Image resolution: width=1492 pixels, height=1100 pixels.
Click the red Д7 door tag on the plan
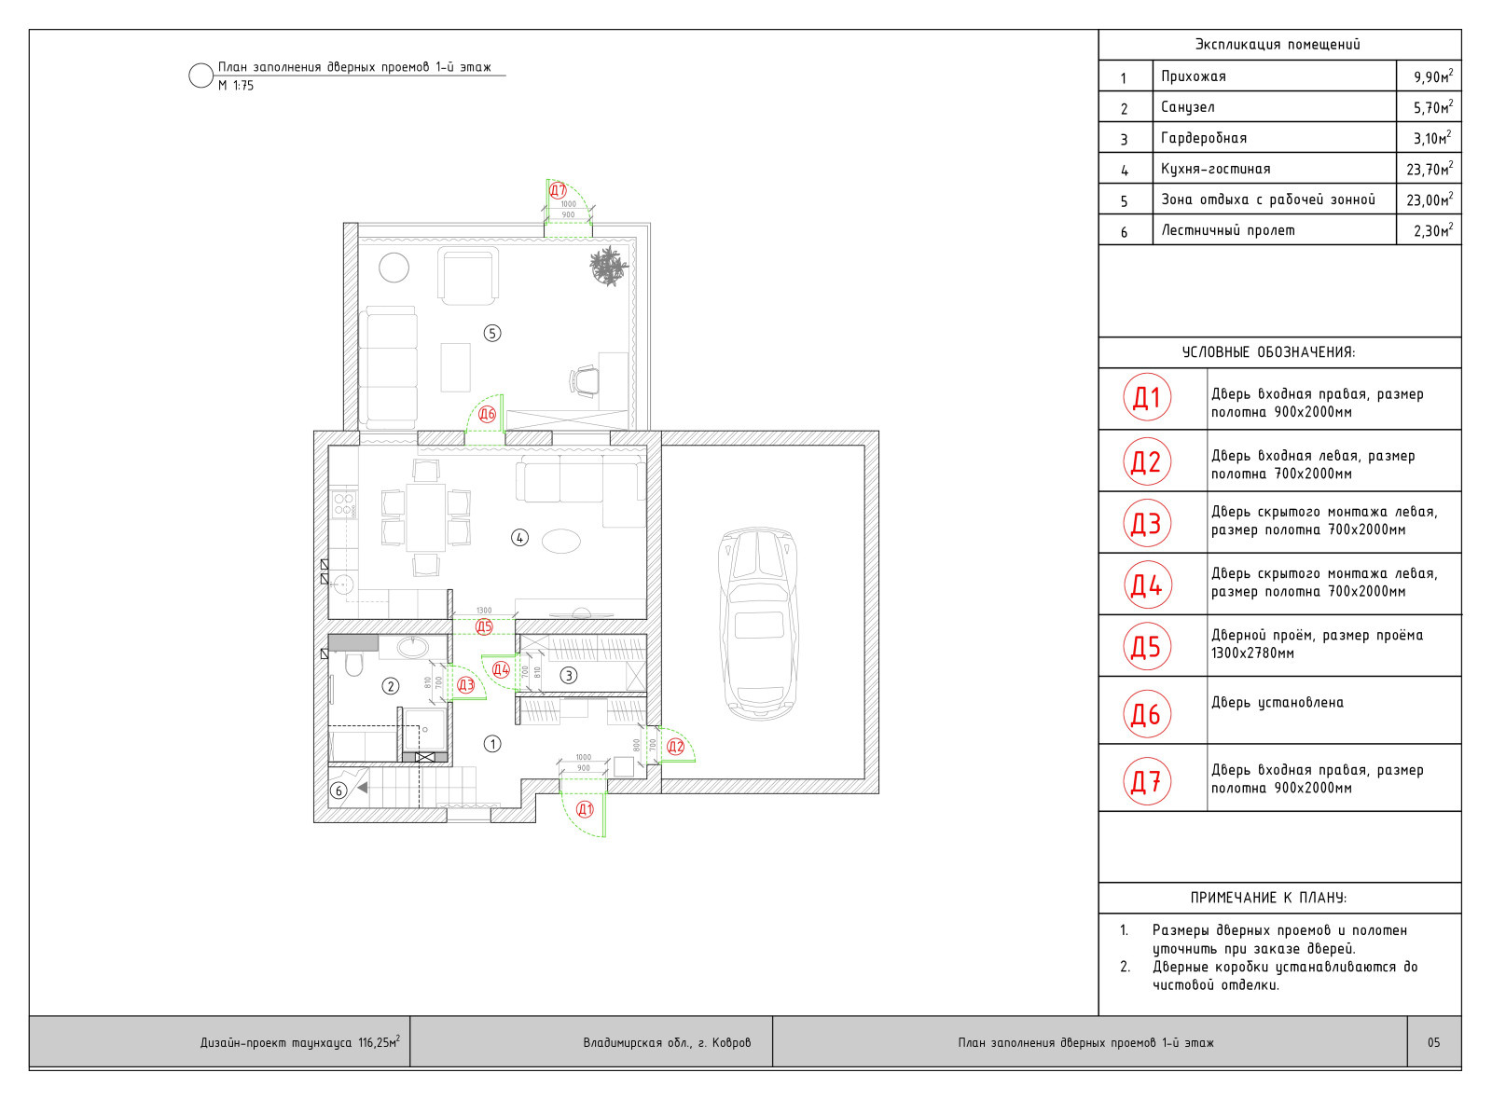[x=559, y=191]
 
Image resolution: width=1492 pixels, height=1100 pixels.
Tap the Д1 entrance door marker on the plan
[x=585, y=810]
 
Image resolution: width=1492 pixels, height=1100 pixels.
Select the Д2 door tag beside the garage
[x=676, y=747]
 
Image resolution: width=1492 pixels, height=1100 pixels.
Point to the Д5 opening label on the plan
[x=484, y=627]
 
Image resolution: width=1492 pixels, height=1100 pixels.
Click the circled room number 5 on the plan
[x=492, y=333]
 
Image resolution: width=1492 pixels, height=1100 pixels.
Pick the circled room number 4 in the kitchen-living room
[x=520, y=537]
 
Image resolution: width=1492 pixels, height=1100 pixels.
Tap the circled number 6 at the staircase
[x=339, y=791]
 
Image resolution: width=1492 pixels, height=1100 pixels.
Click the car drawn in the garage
[x=759, y=624]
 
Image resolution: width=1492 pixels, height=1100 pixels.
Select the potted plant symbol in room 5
[x=609, y=266]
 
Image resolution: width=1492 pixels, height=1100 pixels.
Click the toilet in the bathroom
[x=353, y=664]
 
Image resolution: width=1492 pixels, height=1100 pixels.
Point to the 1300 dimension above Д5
[x=484, y=611]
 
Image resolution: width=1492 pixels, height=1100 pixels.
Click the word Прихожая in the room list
[x=1194, y=76]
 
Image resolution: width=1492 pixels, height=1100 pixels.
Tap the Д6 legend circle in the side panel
[x=1147, y=714]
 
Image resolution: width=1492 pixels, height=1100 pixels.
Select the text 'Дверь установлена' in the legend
[x=1278, y=703]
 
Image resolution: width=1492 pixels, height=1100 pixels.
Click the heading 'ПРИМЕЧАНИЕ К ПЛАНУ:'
[x=1269, y=898]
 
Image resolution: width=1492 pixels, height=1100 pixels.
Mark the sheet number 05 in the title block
[x=1434, y=1042]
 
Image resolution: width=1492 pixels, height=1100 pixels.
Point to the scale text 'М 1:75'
[x=236, y=86]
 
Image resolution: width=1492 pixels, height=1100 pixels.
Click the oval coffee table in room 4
[x=561, y=541]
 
